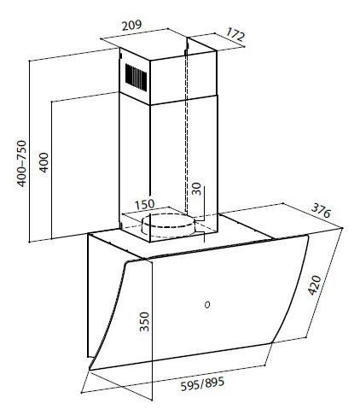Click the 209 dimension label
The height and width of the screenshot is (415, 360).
tap(131, 26)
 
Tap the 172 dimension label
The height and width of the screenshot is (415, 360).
tap(235, 34)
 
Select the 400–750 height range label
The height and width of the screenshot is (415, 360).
tap(21, 163)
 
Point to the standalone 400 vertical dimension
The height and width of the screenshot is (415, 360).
tap(44, 162)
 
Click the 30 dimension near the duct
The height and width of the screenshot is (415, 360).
tap(196, 189)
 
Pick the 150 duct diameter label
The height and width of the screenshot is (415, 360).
tap(144, 204)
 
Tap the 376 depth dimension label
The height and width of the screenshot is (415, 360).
tap(321, 211)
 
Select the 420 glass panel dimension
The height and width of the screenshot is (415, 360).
tap(315, 285)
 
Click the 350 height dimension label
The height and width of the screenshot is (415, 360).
tap(144, 322)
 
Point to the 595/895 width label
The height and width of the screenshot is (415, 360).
tap(202, 383)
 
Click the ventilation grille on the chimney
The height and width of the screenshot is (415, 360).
tap(136, 78)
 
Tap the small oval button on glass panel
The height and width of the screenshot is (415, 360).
tap(207, 305)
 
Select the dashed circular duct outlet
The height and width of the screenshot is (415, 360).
tap(168, 225)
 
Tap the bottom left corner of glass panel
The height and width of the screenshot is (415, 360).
tap(90, 370)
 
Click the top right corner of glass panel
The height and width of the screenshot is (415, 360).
tap(308, 235)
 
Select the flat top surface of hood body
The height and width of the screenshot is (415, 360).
tap(182, 237)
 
